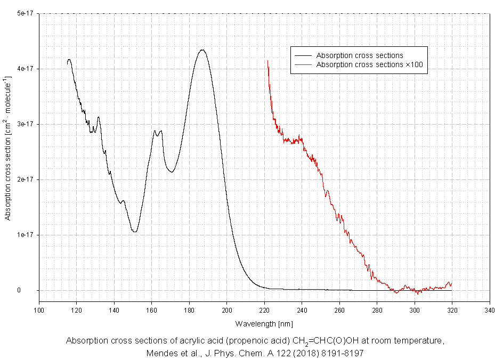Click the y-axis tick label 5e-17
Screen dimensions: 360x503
point(25,13)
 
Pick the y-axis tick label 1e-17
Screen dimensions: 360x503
point(25,235)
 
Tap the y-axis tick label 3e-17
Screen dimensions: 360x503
point(25,124)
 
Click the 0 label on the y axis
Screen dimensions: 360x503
point(33,290)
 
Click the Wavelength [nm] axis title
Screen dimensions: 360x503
point(264,323)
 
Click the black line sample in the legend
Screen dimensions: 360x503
point(302,55)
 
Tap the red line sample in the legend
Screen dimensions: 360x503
point(302,64)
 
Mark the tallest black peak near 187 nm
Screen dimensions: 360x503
point(202,50)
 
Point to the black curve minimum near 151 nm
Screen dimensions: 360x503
point(135,232)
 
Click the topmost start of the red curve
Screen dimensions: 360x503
point(267,61)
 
